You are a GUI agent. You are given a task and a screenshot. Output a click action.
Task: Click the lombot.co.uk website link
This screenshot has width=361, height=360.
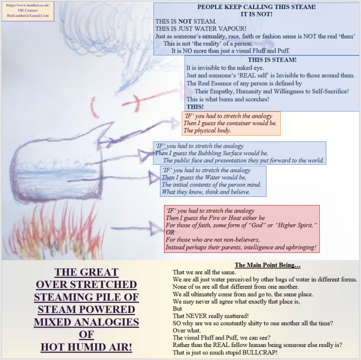28,5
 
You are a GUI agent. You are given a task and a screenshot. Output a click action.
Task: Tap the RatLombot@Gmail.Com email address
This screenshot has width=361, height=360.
28,16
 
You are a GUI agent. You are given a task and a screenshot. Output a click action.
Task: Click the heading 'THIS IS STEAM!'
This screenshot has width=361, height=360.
272,60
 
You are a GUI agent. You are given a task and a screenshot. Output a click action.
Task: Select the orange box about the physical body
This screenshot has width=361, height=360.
231,123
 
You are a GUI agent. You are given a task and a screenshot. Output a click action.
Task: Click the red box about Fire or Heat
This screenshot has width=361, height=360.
242,229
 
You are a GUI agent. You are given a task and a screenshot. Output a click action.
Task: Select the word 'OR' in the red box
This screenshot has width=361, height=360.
170,233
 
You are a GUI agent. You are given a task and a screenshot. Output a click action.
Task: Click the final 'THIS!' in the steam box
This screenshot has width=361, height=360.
195,107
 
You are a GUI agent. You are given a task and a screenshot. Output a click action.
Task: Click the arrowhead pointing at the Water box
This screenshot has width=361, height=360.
152,176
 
